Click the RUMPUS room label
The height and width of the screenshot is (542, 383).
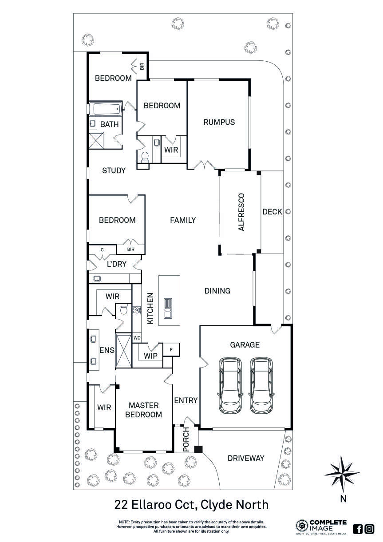219,122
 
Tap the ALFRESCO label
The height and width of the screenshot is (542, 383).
241,212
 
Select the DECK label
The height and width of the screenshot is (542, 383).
272,212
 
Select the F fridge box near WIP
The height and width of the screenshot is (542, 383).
171,349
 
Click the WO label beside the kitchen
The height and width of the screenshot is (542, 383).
137,338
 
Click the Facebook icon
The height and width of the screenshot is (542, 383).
358,529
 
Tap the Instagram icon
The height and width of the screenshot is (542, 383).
369,529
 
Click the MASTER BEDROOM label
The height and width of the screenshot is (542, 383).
143,410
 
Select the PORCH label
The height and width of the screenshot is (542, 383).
186,439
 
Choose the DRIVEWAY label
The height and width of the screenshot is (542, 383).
245,458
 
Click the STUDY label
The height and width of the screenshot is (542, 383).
114,170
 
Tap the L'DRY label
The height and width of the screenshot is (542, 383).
117,264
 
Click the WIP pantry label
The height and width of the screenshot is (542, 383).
150,356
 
